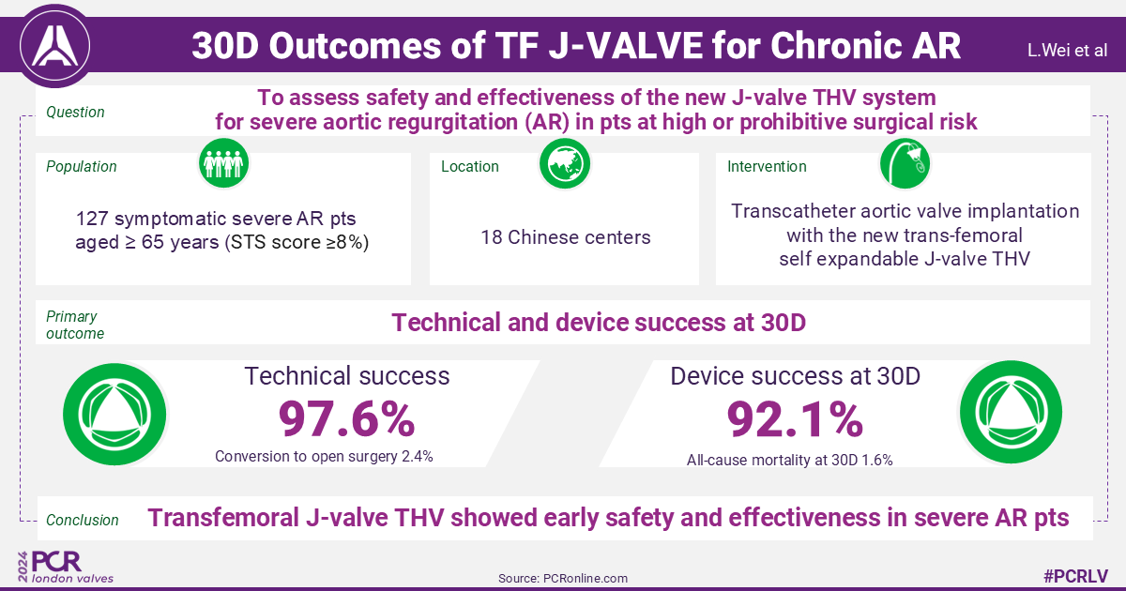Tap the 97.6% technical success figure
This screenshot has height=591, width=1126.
pyautogui.click(x=346, y=419)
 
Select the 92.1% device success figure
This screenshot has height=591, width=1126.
pyautogui.click(x=795, y=419)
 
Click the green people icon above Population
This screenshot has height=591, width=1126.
pyautogui.click(x=223, y=163)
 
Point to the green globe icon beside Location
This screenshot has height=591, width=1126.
pyautogui.click(x=564, y=163)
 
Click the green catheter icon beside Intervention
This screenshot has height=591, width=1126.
pyautogui.click(x=905, y=163)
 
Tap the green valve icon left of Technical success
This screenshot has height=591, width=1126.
pyautogui.click(x=114, y=413)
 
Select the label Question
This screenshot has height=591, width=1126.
pyautogui.click(x=75, y=113)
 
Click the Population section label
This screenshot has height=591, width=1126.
pyautogui.click(x=82, y=166)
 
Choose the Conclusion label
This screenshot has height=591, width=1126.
pyautogui.click(x=83, y=520)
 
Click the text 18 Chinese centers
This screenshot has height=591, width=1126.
pyautogui.click(x=564, y=237)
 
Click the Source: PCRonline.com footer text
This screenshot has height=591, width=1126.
pyautogui.click(x=564, y=578)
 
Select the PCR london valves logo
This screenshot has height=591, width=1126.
pyautogui.click(x=66, y=567)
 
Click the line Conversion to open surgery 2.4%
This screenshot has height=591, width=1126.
pyautogui.click(x=324, y=457)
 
